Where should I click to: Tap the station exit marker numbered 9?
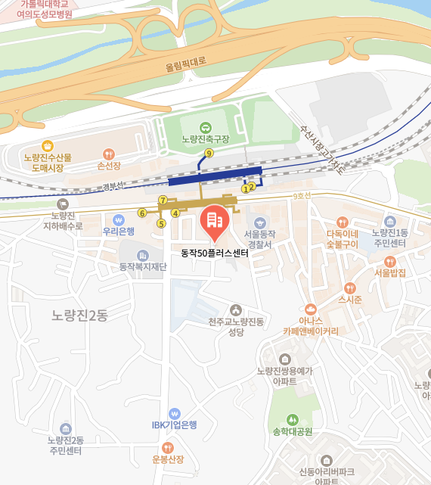click(209, 153)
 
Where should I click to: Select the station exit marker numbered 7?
click(163, 200)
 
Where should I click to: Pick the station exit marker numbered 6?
click(141, 213)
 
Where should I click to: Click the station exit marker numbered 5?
click(160, 223)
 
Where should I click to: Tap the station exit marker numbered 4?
click(175, 213)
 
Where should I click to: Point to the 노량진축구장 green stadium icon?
click(205, 127)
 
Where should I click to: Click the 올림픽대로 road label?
click(185, 67)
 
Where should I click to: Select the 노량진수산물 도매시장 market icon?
click(48, 145)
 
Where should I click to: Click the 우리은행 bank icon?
click(119, 219)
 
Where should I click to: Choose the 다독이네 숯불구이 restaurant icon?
click(342, 222)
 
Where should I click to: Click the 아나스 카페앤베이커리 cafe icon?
click(310, 309)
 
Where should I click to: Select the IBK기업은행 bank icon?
click(175, 413)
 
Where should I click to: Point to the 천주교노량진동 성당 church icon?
click(236, 309)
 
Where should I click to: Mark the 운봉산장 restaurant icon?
click(168, 447)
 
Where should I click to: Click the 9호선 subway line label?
click(302, 196)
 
